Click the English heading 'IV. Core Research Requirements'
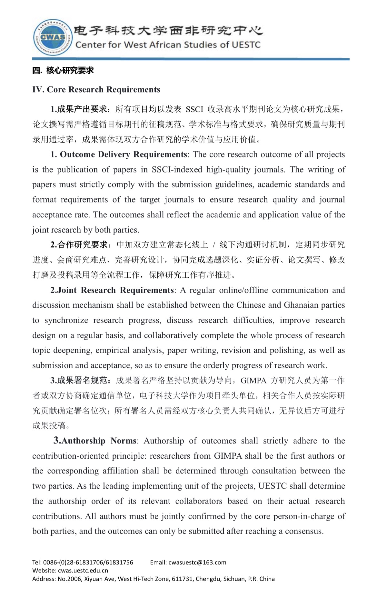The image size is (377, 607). (x=96, y=89)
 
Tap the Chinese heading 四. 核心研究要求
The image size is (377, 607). (x=63, y=70)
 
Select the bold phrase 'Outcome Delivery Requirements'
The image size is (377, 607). (x=123, y=154)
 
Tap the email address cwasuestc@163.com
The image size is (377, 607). (x=197, y=562)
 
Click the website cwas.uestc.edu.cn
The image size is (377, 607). (x=83, y=571)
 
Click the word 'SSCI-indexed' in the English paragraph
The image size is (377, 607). (x=177, y=170)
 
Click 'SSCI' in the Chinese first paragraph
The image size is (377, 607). (x=194, y=109)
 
